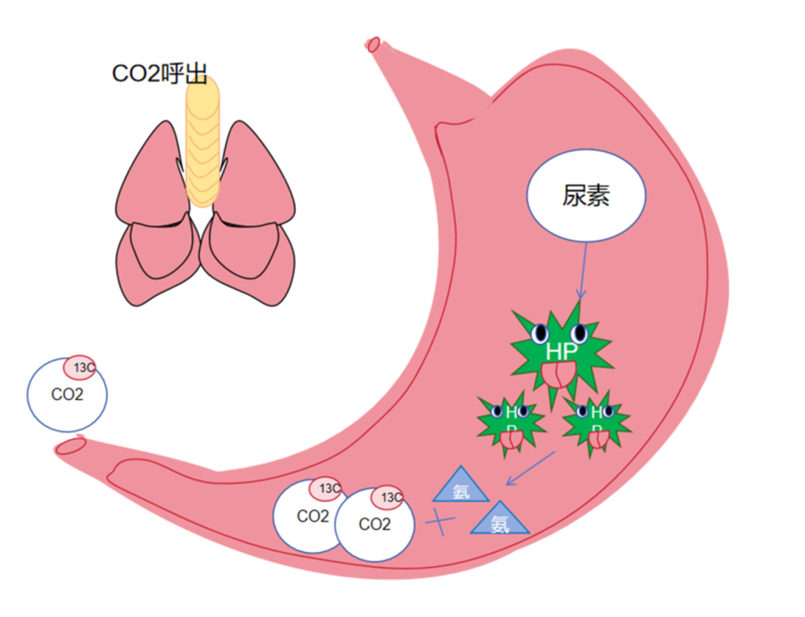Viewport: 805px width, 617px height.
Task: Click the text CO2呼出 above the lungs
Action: click(159, 73)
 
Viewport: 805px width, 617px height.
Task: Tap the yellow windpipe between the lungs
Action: click(203, 142)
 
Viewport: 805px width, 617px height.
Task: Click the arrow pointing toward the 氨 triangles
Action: click(530, 467)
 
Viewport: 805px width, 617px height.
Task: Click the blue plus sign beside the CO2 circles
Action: click(441, 521)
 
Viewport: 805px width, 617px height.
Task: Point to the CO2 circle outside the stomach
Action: click(66, 395)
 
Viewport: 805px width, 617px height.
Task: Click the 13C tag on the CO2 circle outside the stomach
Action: click(79, 367)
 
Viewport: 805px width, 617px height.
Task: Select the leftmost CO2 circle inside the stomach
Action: click(309, 516)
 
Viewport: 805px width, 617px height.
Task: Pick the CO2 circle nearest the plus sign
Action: click(374, 525)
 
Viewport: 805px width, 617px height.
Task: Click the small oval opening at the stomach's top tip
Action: click(374, 45)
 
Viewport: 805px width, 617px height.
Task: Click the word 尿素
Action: click(586, 196)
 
